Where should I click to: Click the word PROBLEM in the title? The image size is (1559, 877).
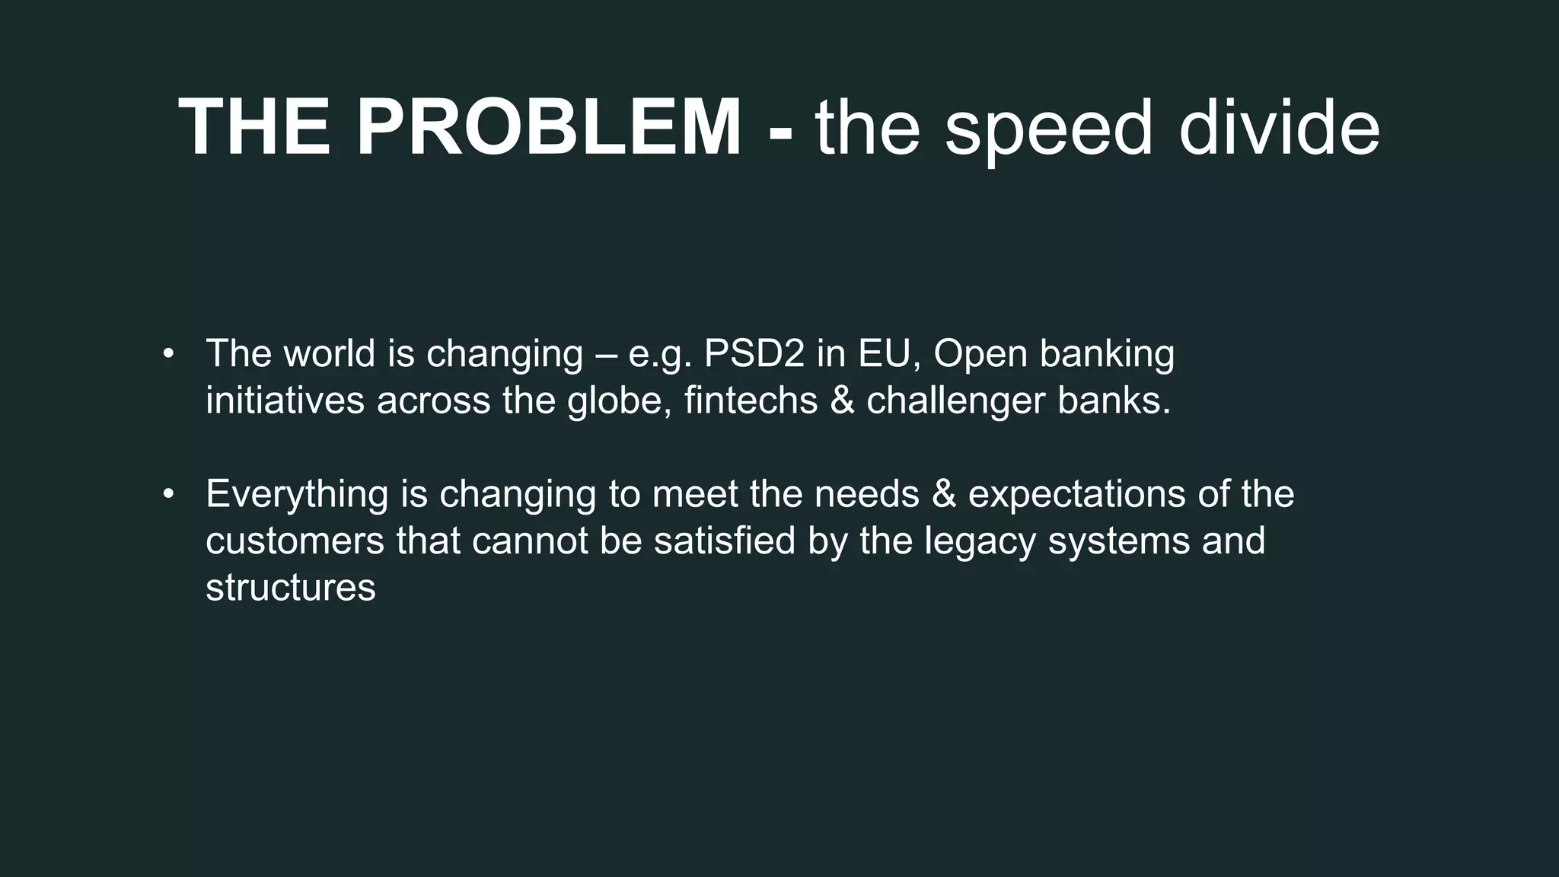click(x=548, y=128)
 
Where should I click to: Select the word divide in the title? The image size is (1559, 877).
click(x=1279, y=128)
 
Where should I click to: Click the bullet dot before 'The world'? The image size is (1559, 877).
click(x=168, y=354)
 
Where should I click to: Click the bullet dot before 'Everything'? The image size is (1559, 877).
click(x=168, y=494)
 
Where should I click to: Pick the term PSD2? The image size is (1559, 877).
click(x=754, y=354)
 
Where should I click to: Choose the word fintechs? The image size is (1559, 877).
click(x=751, y=400)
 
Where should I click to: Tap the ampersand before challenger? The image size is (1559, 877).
click(x=843, y=401)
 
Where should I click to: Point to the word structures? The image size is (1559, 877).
click(x=290, y=588)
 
